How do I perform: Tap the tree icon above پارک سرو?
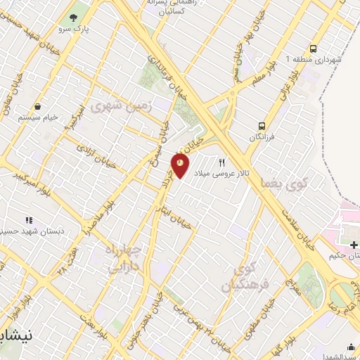pyautogui.click(x=72, y=18)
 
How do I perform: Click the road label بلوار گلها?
pyautogui.click(x=283, y=350)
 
